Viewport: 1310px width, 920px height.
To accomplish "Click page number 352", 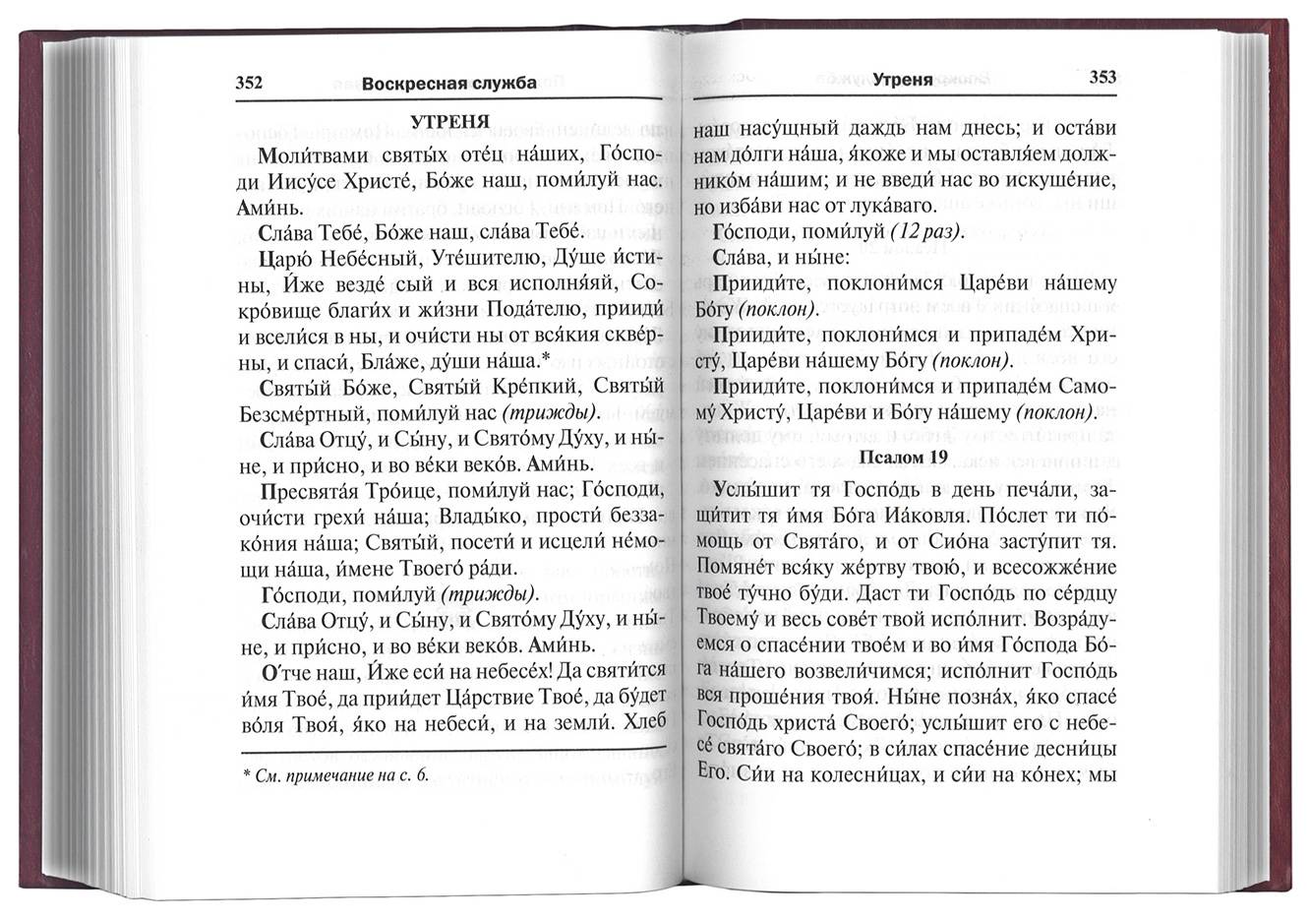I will (249, 84).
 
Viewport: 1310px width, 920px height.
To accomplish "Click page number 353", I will (1102, 78).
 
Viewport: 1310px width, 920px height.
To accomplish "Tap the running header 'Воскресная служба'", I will (448, 84).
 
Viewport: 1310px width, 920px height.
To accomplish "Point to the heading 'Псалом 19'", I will (905, 457).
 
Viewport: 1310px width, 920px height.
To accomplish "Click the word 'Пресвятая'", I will (317, 489).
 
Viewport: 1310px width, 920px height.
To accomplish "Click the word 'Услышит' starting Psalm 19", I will (758, 488).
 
